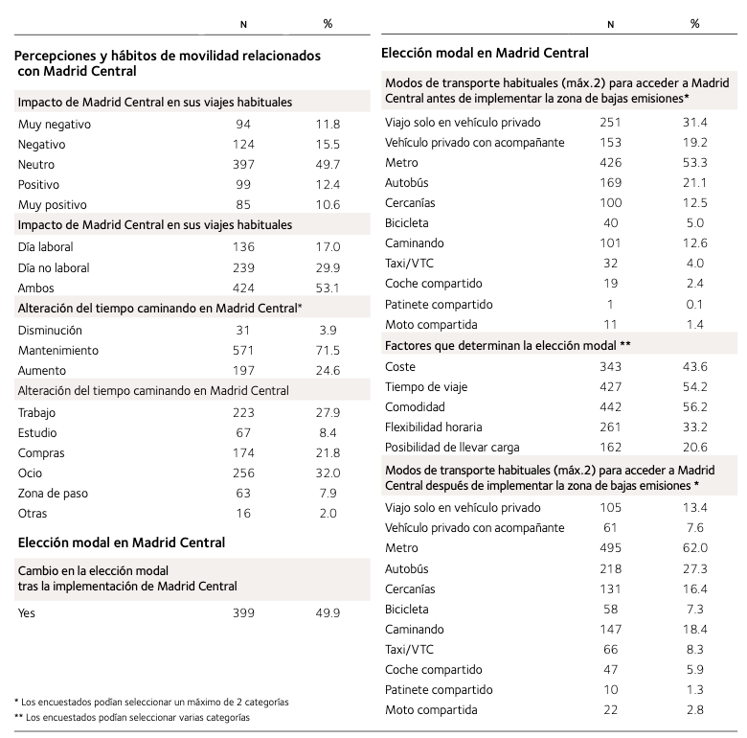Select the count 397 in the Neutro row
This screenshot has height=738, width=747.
243,164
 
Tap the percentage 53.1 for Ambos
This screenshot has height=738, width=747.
328,288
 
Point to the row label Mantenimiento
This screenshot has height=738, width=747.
57,350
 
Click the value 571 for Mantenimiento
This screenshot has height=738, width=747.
243,350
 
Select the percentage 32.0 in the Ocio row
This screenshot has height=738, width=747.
328,473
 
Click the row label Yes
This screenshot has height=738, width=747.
27,612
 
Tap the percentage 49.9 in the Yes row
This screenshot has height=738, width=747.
328,612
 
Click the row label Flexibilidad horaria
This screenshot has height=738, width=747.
434,427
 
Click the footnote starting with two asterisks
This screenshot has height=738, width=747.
138,717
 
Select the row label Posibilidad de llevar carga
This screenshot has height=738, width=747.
453,448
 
